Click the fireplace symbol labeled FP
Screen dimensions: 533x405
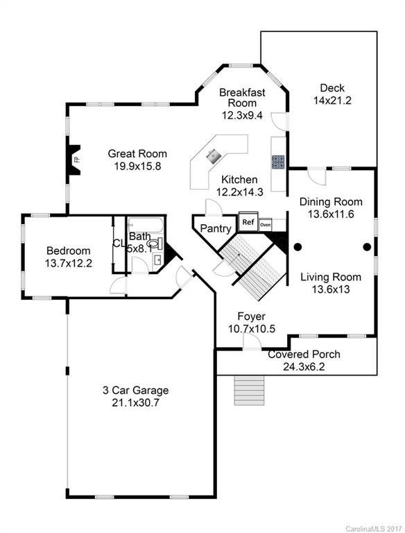point(74,159)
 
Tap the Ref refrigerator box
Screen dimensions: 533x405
point(248,222)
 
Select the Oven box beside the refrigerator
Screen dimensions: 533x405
point(265,225)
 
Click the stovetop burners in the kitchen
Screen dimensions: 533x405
point(278,162)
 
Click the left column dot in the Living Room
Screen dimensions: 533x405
point(297,246)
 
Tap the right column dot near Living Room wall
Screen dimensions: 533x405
point(367,246)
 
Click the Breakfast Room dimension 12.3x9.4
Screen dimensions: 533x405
point(242,115)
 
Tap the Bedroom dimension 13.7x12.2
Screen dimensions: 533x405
point(69,263)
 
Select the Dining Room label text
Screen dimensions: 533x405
point(331,202)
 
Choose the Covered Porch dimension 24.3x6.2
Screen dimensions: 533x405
point(303,366)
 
